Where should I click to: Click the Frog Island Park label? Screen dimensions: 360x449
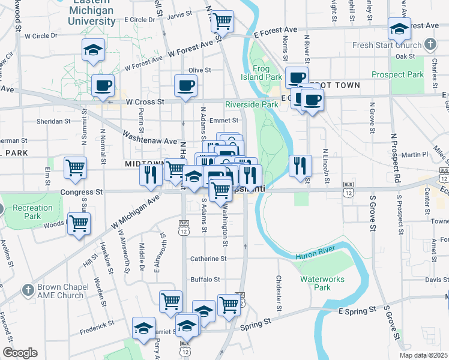tap(268, 73)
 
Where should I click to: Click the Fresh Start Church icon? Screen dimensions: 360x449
tap(430, 44)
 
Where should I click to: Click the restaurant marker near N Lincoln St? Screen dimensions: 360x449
tap(300, 166)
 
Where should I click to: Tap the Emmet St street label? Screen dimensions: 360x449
tap(228, 120)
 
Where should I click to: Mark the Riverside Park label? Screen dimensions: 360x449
tap(252, 104)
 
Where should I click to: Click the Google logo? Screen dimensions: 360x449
tap(20, 353)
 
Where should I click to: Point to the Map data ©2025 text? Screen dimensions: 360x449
tap(420, 355)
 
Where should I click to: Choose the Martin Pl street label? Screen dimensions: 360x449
tap(415, 154)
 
